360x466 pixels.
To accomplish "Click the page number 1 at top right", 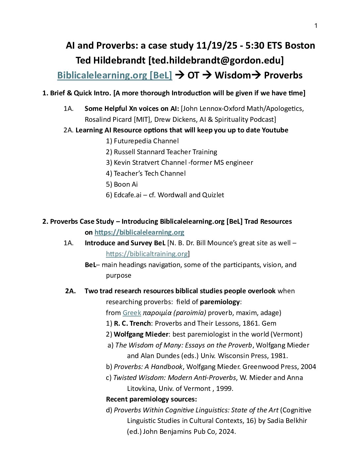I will click(x=316, y=26).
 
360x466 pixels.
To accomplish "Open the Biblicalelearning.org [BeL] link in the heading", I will click(x=114, y=75).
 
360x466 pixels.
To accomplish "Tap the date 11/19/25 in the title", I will click(x=217, y=45).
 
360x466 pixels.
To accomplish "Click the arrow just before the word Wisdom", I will click(x=207, y=75).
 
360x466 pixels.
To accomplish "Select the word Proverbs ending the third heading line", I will click(x=283, y=75).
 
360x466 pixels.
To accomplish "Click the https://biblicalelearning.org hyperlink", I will click(x=139, y=232).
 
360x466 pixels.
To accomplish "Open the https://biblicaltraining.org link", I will click(x=147, y=254).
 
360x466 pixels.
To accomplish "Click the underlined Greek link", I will click(x=132, y=313).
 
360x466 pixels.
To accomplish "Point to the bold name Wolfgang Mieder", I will click(x=141, y=334).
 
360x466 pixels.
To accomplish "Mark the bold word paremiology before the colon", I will click(x=220, y=302).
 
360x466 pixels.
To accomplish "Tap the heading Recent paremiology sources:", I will click(x=151, y=399).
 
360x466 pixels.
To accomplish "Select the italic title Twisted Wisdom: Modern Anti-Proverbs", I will click(x=175, y=378).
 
